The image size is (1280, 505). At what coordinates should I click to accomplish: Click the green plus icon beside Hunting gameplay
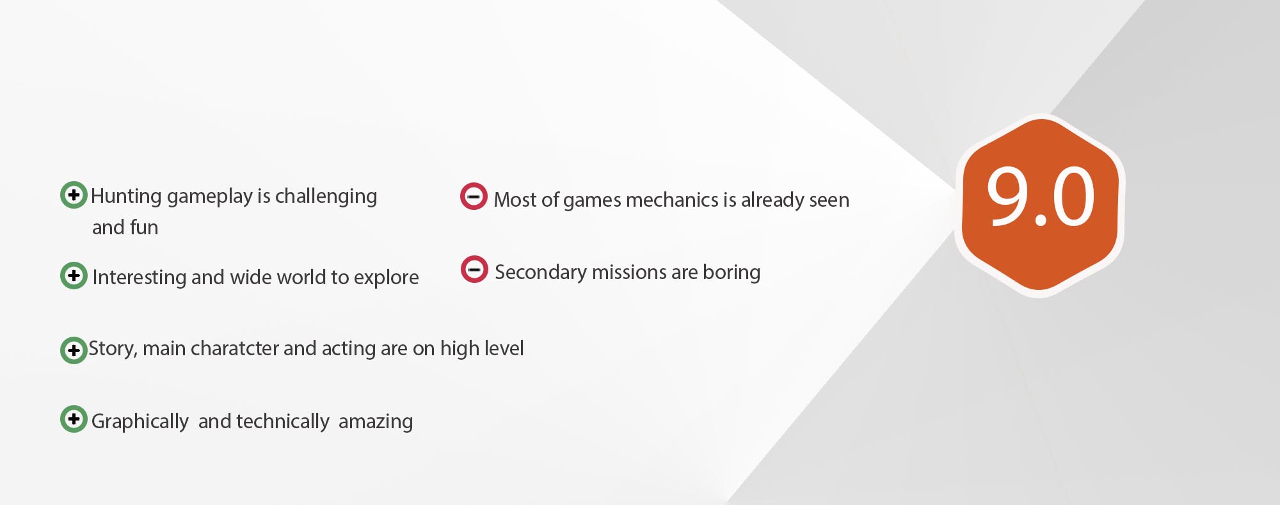[x=74, y=195]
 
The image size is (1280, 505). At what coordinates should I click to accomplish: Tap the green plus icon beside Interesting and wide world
[x=74, y=275]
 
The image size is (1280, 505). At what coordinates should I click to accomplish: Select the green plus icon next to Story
[x=74, y=350]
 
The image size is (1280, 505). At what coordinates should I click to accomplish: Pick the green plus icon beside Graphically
[x=74, y=419]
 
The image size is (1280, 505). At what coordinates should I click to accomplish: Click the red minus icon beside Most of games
[x=474, y=196]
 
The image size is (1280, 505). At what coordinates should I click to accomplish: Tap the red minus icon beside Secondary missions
[x=474, y=269]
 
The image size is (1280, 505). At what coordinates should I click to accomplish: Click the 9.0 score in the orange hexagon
[x=1040, y=197]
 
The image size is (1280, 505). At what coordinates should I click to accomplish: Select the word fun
[x=144, y=227]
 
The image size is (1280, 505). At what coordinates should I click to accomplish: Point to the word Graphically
[x=140, y=422]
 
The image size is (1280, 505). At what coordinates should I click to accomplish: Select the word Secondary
[x=541, y=273]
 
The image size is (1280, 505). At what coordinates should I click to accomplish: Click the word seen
[x=829, y=200]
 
